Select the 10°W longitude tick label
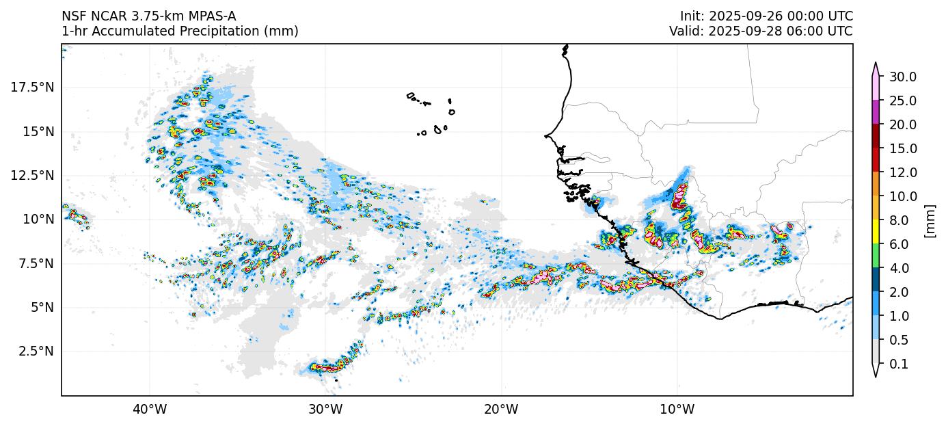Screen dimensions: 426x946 pos(677,410)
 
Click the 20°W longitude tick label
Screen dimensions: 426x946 pos(501,410)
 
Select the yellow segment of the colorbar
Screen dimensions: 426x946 pos(876,232)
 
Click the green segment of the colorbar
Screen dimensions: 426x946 pos(876,256)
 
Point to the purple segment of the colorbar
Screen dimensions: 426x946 pos(876,112)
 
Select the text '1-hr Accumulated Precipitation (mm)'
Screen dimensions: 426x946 pos(180,31)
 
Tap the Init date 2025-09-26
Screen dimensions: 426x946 pos(741,16)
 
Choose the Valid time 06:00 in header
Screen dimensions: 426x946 pos(810,31)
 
